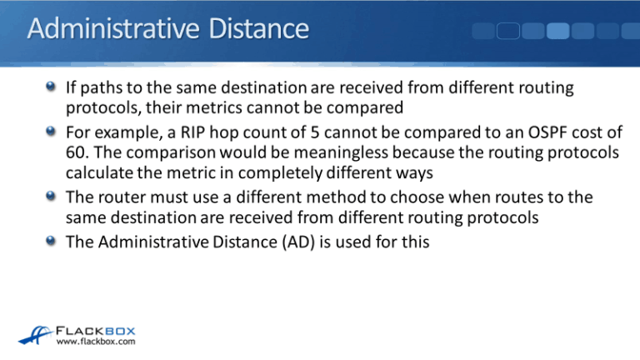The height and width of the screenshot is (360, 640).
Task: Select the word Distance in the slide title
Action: coord(252,31)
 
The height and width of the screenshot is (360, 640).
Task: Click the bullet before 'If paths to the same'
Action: coord(52,88)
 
